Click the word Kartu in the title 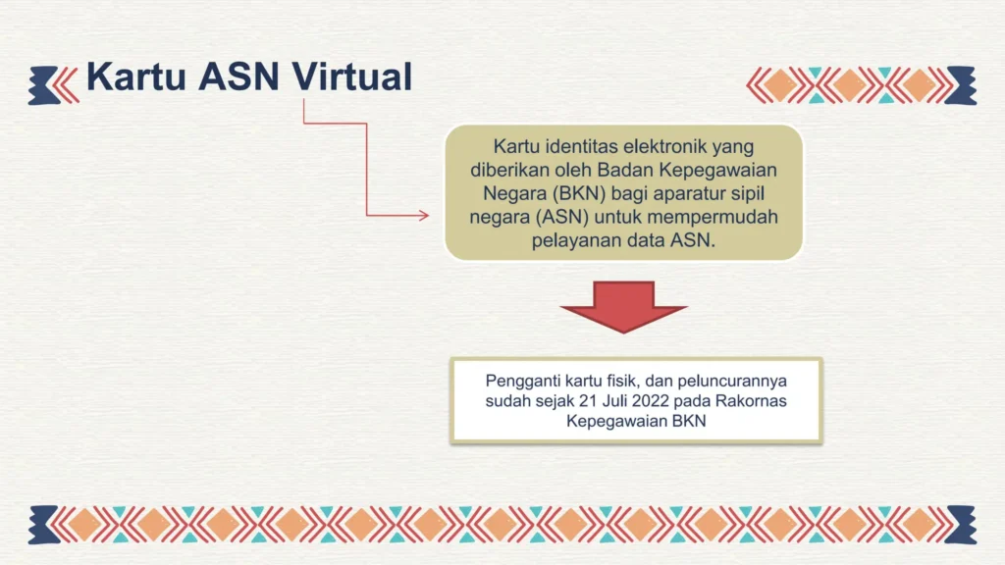pos(135,77)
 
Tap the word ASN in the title pos(239,77)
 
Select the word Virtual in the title pos(352,77)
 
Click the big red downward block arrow pos(623,307)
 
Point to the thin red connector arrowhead pos(424,215)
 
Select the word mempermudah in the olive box pos(713,217)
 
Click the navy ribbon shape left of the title pos(43,85)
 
